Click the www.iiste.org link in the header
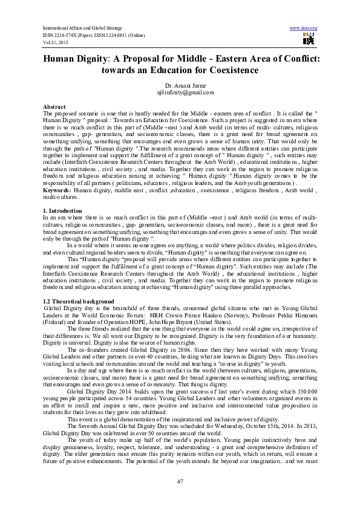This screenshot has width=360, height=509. click(304, 28)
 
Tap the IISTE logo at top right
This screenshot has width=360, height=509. click(309, 39)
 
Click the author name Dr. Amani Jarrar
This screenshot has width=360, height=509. click(180, 85)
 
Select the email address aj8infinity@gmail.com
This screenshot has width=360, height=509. click(180, 92)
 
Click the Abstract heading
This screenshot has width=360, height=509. click(54, 106)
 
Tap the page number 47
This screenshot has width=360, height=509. click(180, 480)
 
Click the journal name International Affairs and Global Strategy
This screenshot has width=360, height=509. click(82, 28)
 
